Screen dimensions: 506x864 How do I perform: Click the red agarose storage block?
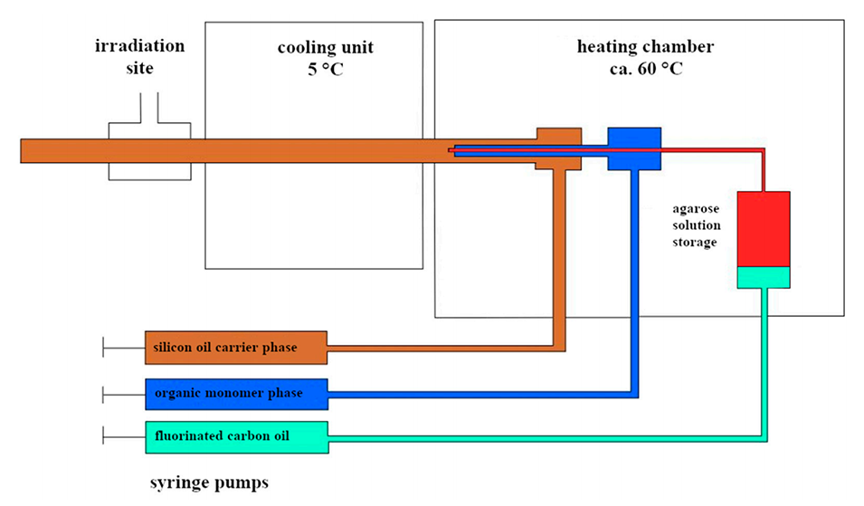(764, 228)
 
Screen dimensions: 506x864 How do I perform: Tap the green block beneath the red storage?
(764, 277)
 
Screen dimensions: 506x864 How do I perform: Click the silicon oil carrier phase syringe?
(234, 347)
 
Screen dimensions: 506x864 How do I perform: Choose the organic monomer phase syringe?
(235, 394)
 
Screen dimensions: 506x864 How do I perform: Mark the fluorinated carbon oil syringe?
(235, 436)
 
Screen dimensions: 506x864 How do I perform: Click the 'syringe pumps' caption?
(209, 482)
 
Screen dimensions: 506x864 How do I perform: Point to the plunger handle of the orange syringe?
(105, 347)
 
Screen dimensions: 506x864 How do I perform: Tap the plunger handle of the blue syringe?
(105, 394)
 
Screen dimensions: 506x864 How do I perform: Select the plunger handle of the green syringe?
(105, 436)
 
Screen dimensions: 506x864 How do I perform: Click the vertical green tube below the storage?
(764, 362)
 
